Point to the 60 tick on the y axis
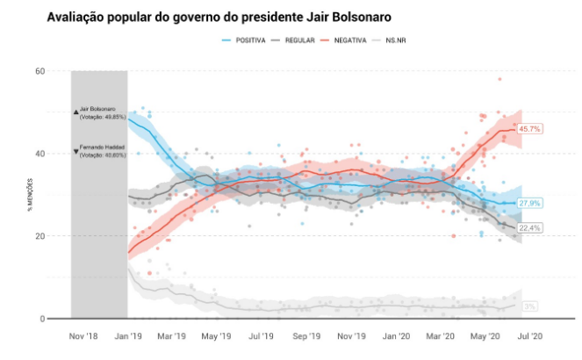point(40,71)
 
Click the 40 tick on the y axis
point(40,154)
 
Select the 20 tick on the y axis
point(40,236)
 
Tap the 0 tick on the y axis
point(42,319)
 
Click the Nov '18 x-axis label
point(83,335)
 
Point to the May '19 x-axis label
point(217,335)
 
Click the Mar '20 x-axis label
point(441,335)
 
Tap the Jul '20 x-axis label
point(530,335)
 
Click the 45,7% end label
point(529,128)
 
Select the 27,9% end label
point(529,203)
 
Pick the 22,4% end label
point(529,227)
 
